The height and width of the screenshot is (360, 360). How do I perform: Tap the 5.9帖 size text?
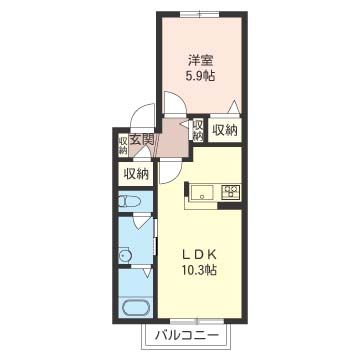click(x=201, y=77)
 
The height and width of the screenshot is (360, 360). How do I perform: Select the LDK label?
click(x=200, y=255)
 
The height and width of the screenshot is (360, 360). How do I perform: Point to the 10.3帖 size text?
click(x=199, y=269)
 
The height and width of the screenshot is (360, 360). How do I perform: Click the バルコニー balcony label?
click(x=187, y=335)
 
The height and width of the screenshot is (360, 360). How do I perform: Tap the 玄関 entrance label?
click(x=142, y=140)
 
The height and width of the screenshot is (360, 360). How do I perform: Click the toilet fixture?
click(x=127, y=201)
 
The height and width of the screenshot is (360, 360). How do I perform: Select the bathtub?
click(x=136, y=307)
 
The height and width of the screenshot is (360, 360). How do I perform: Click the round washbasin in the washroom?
click(x=126, y=256)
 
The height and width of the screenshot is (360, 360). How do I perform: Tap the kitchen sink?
click(x=202, y=192)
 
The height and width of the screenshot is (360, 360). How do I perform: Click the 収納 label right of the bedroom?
click(x=225, y=130)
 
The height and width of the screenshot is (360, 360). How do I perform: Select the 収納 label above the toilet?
click(x=136, y=174)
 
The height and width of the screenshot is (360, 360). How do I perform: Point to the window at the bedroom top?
click(x=200, y=14)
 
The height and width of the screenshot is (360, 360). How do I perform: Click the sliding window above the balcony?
click(x=197, y=322)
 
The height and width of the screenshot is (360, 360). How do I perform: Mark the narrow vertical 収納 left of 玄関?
click(x=123, y=144)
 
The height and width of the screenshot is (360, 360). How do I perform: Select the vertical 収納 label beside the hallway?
click(x=198, y=129)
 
